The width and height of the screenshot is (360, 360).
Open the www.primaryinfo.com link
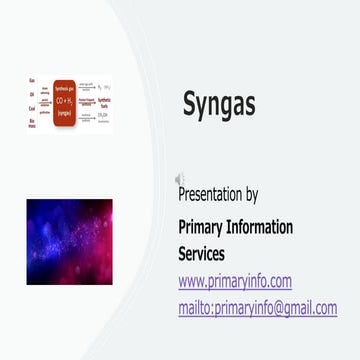(x=234, y=281)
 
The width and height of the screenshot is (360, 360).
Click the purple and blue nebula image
(x=69, y=241)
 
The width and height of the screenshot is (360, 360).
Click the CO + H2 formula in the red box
(x=65, y=99)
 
